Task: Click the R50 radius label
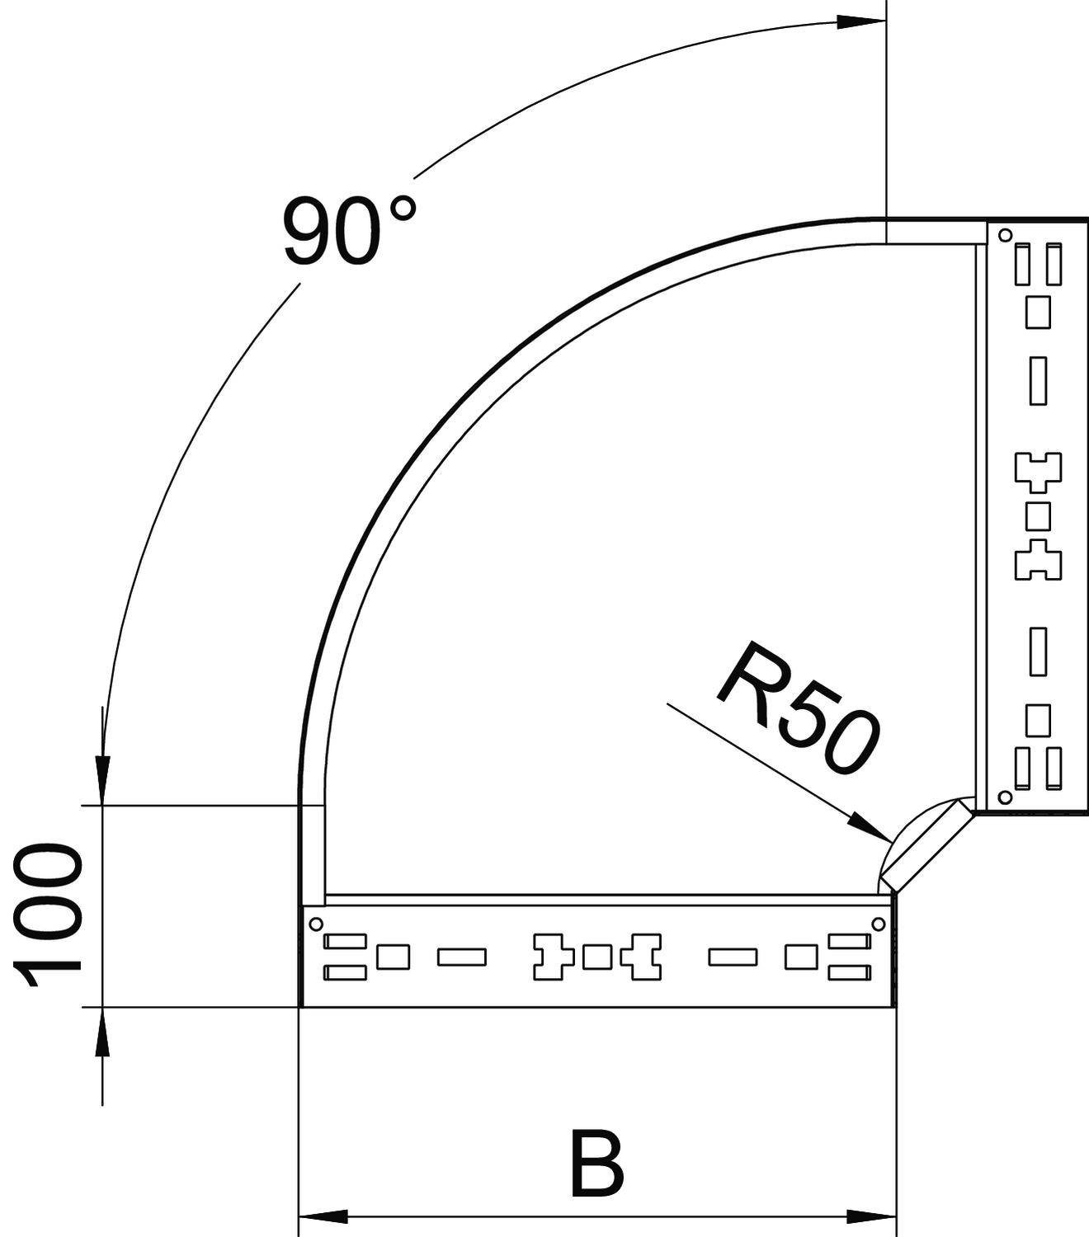pyautogui.click(x=796, y=709)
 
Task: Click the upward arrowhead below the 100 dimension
pyautogui.click(x=101, y=1032)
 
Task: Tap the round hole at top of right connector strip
pyautogui.click(x=1005, y=235)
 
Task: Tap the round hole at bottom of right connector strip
pyautogui.click(x=1005, y=797)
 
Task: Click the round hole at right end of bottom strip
pyautogui.click(x=879, y=923)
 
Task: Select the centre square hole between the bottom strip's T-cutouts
pyautogui.click(x=597, y=957)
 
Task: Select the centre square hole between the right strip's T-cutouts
pyautogui.click(x=1038, y=516)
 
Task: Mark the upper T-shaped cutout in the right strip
pyautogui.click(x=1038, y=469)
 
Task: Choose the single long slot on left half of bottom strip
pyautogui.click(x=462, y=957)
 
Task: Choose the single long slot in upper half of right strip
pyautogui.click(x=1038, y=380)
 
